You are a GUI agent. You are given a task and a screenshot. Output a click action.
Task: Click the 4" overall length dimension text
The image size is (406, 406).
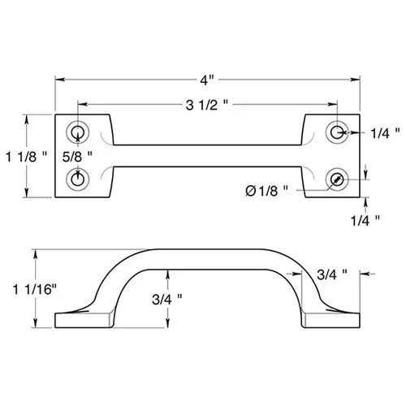click(208, 80)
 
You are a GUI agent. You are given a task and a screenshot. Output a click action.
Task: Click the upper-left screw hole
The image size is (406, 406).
click(79, 132)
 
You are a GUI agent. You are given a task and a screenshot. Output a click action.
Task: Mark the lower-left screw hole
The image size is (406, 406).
click(79, 177)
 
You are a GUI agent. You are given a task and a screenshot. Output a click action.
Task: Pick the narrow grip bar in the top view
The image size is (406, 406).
click(208, 155)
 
